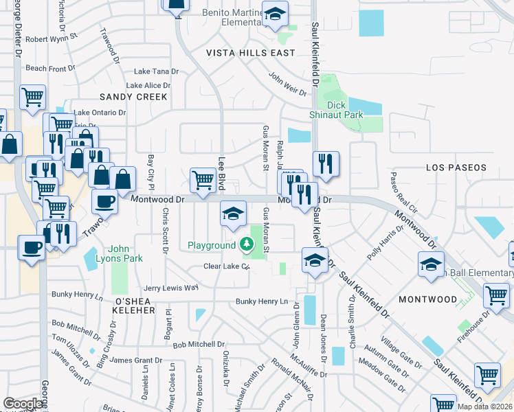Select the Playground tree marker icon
(x=247, y=244)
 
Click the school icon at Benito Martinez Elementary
(x=275, y=15)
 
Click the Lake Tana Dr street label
(x=156, y=71)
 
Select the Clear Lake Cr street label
(x=225, y=266)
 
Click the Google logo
(x=23, y=404)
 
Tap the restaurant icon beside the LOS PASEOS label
(x=326, y=163)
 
